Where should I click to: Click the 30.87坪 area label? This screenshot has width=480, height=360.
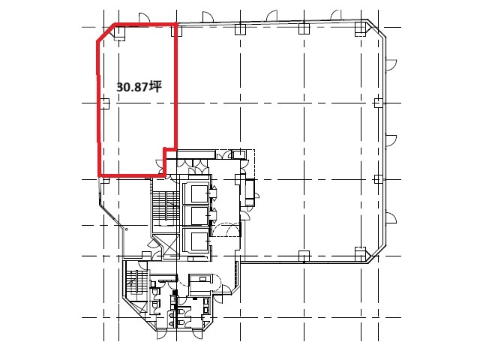[139, 87]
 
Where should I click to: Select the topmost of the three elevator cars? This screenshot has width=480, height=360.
[199, 193]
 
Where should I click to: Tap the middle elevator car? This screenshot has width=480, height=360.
[199, 216]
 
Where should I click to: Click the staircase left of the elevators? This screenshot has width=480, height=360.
[166, 205]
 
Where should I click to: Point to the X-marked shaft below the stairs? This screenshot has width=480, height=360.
[167, 244]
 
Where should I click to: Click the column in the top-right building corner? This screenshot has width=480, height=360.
[361, 28]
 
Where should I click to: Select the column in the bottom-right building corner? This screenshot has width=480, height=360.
[361, 253]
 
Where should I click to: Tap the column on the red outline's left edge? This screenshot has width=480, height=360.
[105, 103]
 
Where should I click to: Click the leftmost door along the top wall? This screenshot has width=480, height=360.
[144, 18]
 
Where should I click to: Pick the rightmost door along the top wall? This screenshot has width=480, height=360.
[336, 15]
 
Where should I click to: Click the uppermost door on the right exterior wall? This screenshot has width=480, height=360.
[391, 64]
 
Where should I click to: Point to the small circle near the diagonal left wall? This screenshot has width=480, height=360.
[127, 229]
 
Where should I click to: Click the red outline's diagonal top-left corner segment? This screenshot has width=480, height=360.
[106, 32]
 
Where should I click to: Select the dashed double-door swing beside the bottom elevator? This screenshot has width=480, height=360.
[226, 229]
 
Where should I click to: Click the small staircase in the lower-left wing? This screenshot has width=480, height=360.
[135, 282]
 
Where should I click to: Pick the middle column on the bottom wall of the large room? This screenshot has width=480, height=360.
[304, 256]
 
